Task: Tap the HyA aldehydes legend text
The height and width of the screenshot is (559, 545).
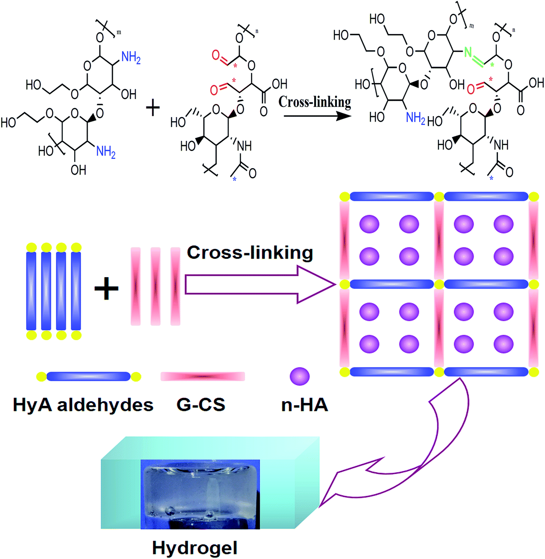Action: [x=83, y=405]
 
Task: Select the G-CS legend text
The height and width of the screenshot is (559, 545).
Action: [x=201, y=405]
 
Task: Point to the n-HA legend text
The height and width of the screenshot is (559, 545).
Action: [x=305, y=405]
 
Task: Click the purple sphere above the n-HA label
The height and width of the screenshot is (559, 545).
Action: [x=300, y=376]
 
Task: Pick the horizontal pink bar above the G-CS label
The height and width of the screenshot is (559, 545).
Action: [x=203, y=376]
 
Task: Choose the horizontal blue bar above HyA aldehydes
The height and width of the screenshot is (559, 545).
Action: [x=88, y=376]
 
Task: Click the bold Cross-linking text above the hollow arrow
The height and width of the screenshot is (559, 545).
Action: [x=250, y=253]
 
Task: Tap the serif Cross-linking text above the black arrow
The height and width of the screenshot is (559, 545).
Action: [x=315, y=102]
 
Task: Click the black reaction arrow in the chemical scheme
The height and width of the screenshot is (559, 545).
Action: [x=317, y=115]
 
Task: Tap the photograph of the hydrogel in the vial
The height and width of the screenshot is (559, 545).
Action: [x=200, y=494]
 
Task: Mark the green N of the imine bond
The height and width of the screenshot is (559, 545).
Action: [x=468, y=52]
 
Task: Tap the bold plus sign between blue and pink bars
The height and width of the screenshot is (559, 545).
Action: [x=107, y=289]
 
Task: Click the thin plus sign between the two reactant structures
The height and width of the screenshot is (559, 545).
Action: [x=153, y=108]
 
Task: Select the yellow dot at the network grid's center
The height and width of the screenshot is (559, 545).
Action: [x=439, y=284]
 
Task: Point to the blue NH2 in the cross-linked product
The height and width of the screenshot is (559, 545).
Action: [x=416, y=118]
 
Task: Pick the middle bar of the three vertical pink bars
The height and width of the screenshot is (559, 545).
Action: [x=155, y=286]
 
